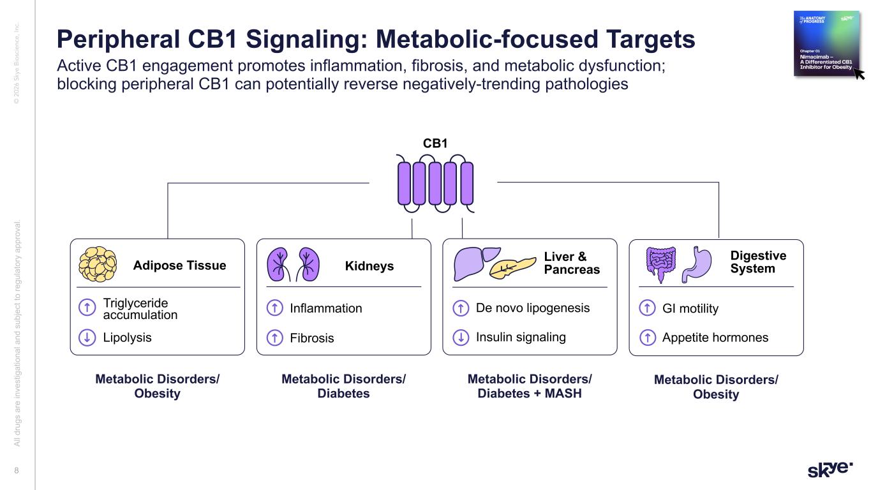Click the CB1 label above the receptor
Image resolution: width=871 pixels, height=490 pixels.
click(x=436, y=144)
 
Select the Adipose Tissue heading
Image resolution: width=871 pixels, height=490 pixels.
click(x=179, y=265)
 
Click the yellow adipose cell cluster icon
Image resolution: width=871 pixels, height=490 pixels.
click(x=98, y=264)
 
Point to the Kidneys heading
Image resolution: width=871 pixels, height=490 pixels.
click(x=369, y=265)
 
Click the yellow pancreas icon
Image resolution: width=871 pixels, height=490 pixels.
click(x=513, y=267)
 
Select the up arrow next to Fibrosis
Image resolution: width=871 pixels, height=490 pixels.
click(x=274, y=338)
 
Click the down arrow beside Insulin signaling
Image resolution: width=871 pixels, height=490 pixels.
click(x=460, y=338)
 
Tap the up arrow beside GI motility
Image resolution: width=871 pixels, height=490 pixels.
click(x=647, y=309)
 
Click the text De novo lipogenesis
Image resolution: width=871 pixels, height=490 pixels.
click(x=533, y=308)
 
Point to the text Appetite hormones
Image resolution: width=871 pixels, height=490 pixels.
click(x=715, y=338)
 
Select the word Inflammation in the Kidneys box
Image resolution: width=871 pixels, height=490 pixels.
click(x=325, y=309)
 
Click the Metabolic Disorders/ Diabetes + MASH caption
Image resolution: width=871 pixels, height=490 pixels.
click(x=530, y=386)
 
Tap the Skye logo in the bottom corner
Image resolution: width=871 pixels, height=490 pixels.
click(x=830, y=469)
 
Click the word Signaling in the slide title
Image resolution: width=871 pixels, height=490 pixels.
click(x=283, y=40)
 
